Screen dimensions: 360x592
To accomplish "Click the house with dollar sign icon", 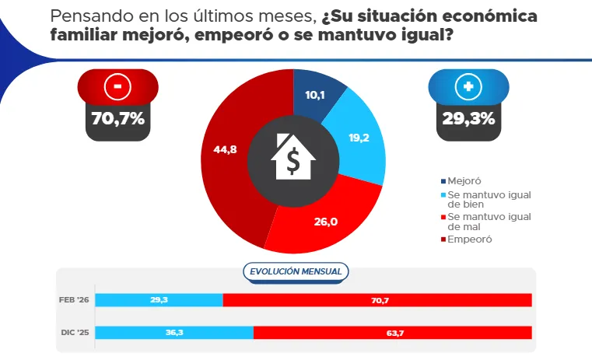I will [292, 159].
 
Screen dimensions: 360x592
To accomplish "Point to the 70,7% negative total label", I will [117, 119].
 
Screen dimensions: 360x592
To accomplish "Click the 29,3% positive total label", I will [468, 119].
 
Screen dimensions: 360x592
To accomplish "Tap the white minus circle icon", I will [117, 87].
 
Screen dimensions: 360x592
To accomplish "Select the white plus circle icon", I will [468, 87].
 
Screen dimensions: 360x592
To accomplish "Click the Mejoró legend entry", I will [465, 180].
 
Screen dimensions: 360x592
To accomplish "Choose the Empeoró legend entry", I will [468, 239].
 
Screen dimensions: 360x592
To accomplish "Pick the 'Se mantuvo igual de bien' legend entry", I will [484, 199].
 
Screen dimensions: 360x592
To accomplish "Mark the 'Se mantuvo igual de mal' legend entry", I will [484, 222].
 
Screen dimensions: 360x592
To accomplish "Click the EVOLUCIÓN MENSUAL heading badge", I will [296, 271].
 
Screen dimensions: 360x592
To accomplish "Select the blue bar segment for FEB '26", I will [159, 300].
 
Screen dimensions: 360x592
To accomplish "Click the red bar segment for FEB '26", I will [377, 300].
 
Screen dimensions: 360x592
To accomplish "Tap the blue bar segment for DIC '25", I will [175, 333].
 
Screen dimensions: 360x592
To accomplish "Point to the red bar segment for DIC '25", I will [392, 333].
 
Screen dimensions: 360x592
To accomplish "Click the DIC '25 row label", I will [75, 333].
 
